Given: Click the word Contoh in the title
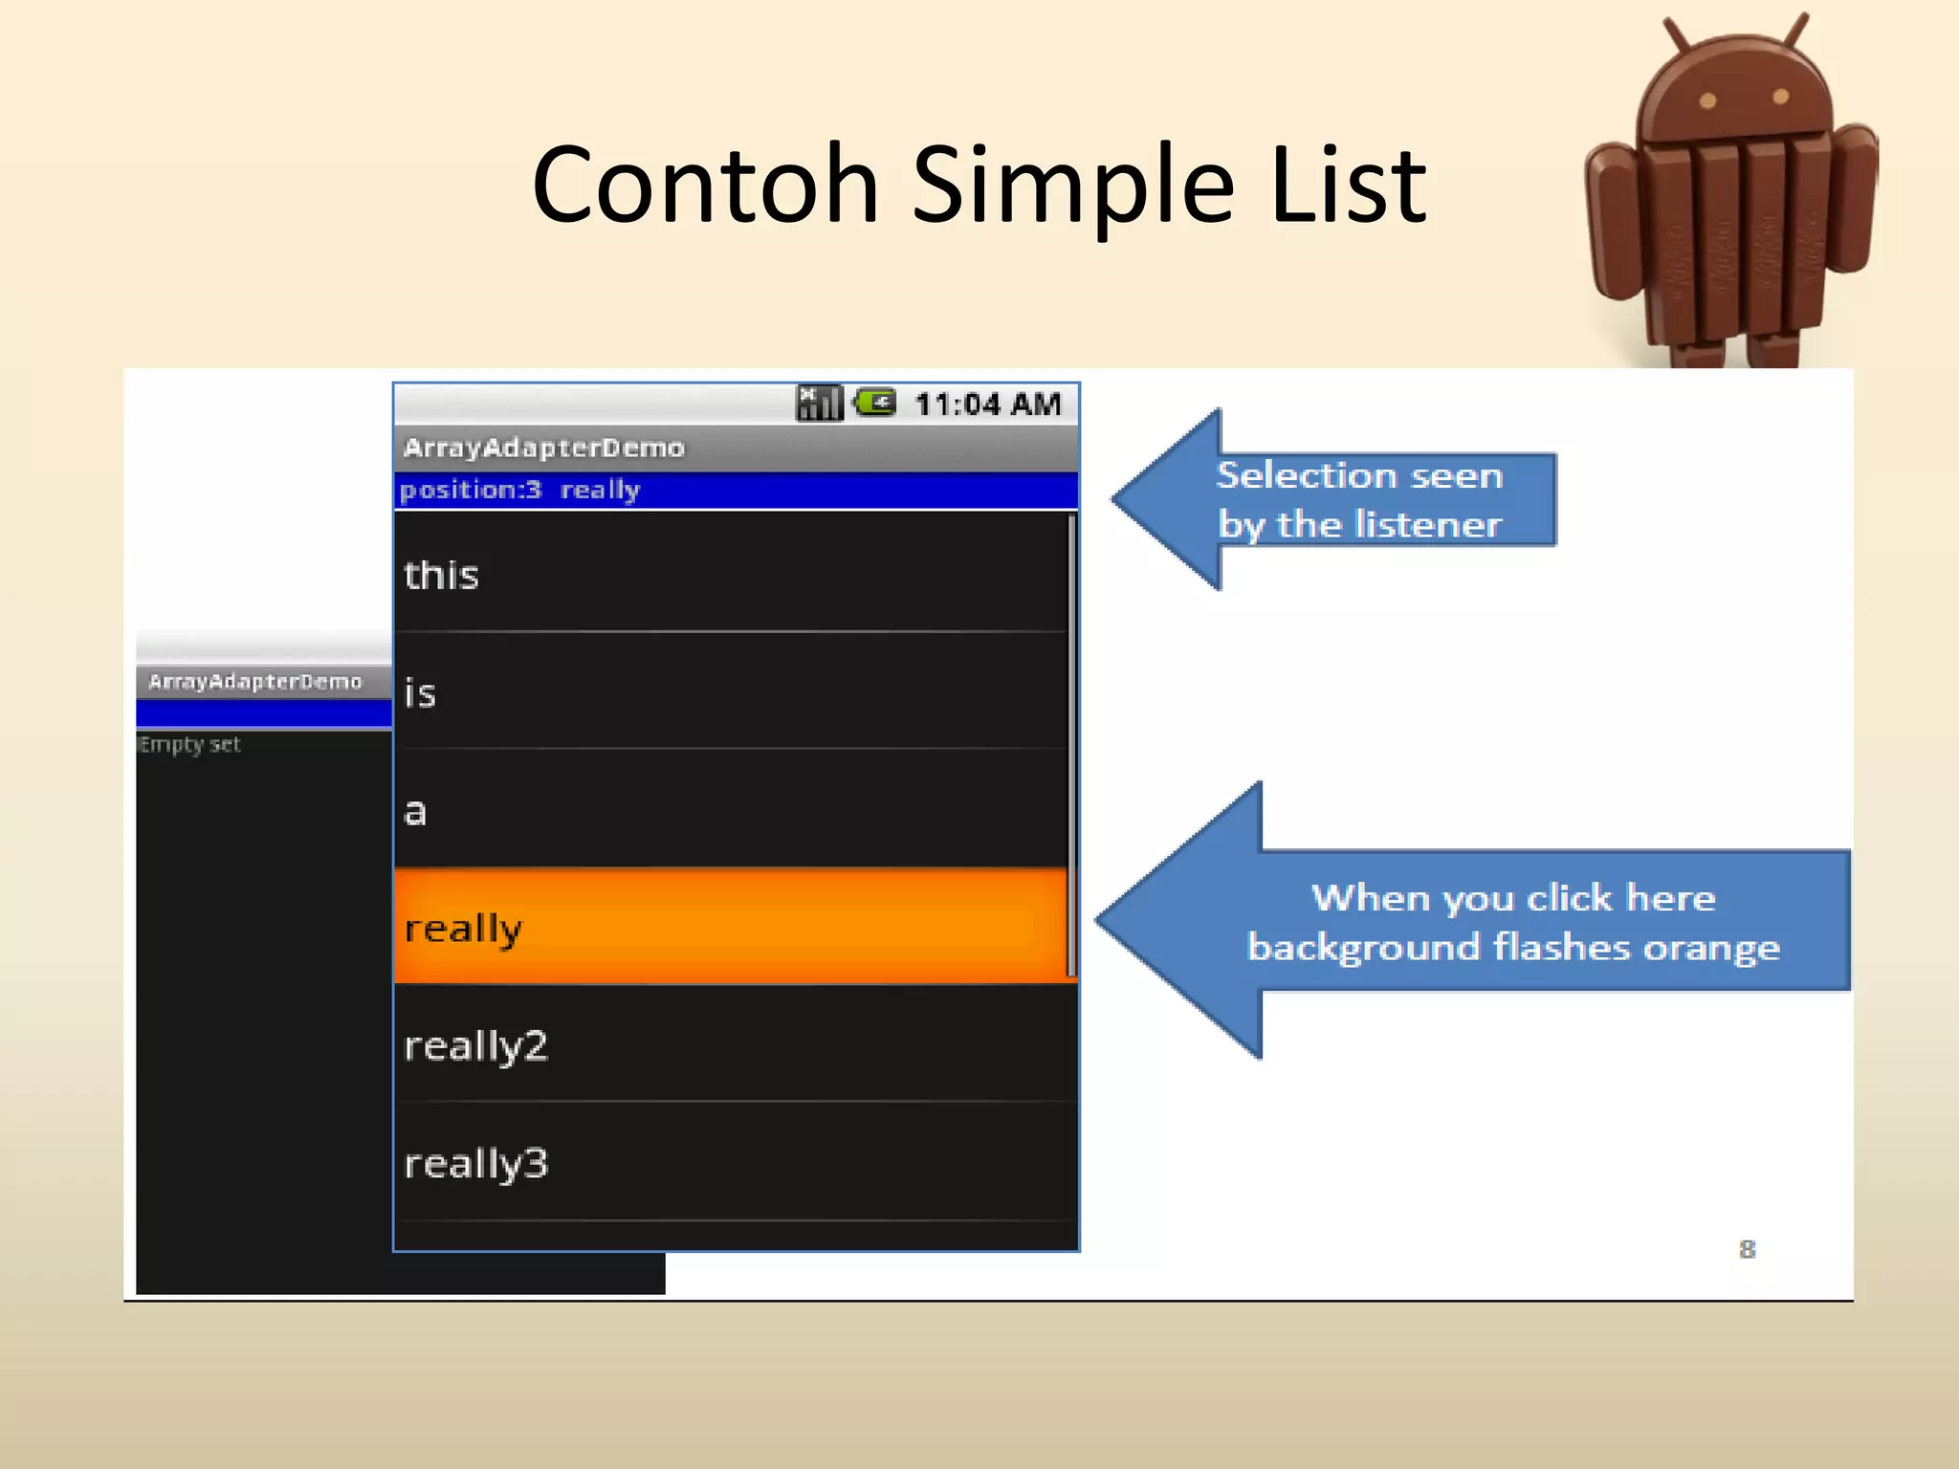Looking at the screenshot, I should (705, 184).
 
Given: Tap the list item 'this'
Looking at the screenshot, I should (733, 574).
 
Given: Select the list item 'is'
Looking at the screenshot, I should (733, 692).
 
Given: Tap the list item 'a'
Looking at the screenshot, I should (733, 810).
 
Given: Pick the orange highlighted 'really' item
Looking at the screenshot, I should (733, 927).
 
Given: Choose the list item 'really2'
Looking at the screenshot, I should (733, 1044).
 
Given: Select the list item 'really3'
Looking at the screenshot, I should (733, 1162).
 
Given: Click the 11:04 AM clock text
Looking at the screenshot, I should (987, 405).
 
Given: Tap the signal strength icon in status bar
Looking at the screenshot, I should (819, 403).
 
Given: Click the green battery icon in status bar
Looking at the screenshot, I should (875, 402).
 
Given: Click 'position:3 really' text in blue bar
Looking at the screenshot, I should (519, 490).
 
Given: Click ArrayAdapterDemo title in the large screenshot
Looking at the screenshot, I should (543, 448).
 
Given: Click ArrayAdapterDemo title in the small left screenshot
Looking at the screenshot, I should (254, 681).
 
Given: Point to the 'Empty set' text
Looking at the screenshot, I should (189, 744).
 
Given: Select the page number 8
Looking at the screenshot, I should (1747, 1249).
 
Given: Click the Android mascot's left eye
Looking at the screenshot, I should (1707, 100).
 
